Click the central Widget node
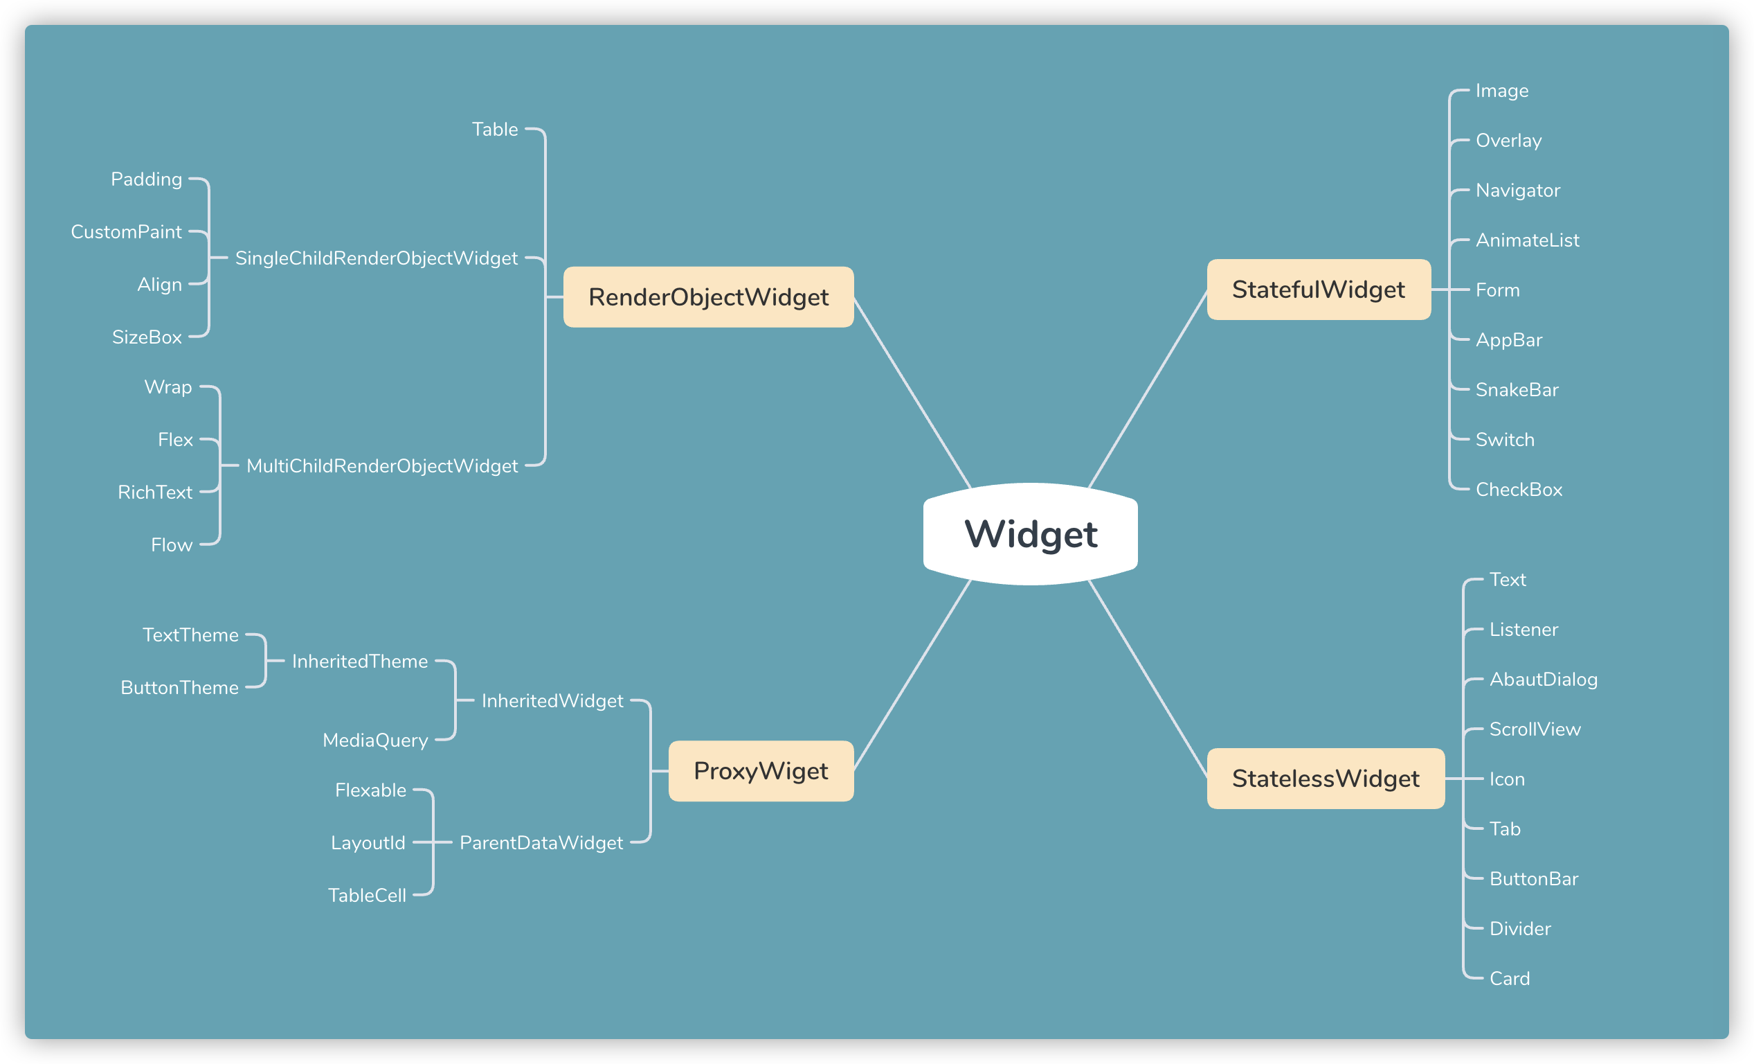[1030, 534]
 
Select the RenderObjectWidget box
[708, 297]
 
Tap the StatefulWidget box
[1319, 290]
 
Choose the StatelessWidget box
[1326, 779]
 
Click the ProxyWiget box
[761, 771]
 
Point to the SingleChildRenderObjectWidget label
[376, 258]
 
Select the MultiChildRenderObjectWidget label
[381, 466]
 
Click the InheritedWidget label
[552, 702]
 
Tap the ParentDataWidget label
[541, 843]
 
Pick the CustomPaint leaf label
[126, 232]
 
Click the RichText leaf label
[154, 493]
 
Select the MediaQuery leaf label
[375, 741]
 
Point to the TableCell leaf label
[367, 896]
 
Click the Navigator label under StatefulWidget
[1518, 191]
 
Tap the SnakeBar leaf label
[1517, 390]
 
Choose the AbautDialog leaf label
[1544, 680]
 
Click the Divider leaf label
[1520, 930]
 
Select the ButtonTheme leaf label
[179, 688]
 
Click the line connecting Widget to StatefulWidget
[1148, 389]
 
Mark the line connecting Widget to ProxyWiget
[912, 675]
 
